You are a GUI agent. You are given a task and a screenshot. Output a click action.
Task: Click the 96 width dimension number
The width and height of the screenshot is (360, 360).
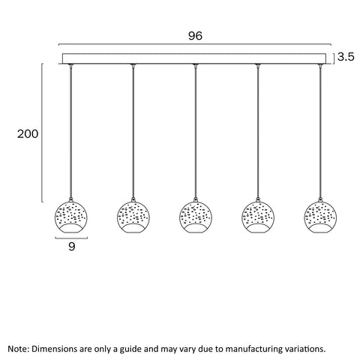coord(195,36)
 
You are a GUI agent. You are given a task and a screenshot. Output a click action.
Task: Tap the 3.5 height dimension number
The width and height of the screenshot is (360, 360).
coord(346,57)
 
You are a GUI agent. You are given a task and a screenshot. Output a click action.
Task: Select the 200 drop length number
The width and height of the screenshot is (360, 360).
coord(28,134)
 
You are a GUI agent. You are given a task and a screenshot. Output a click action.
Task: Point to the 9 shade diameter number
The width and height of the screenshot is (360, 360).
coord(71,247)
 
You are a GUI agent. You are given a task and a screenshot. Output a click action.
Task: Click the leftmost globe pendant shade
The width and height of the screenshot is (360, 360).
coord(71,217)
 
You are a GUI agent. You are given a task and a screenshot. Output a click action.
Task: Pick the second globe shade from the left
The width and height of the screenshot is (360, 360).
coord(133,217)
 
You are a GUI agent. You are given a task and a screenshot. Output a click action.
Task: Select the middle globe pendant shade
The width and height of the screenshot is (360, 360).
coord(196,217)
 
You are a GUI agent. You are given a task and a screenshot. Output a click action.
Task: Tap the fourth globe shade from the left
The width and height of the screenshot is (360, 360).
coord(258,217)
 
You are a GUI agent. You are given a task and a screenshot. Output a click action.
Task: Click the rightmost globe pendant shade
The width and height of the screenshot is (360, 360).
coord(320,217)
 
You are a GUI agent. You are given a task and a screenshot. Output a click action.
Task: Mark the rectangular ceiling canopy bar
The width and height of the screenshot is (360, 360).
coord(194,58)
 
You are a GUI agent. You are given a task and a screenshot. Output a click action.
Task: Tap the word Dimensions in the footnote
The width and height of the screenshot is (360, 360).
coord(55,349)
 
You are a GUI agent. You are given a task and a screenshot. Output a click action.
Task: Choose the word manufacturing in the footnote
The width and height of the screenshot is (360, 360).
coord(256,349)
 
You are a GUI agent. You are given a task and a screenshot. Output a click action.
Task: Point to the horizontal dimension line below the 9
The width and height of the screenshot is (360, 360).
coord(71,238)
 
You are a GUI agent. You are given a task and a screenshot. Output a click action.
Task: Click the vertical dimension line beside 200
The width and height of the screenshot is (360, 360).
coord(42,133)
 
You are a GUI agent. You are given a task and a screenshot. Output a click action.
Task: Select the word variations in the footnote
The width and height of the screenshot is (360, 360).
coord(307,349)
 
